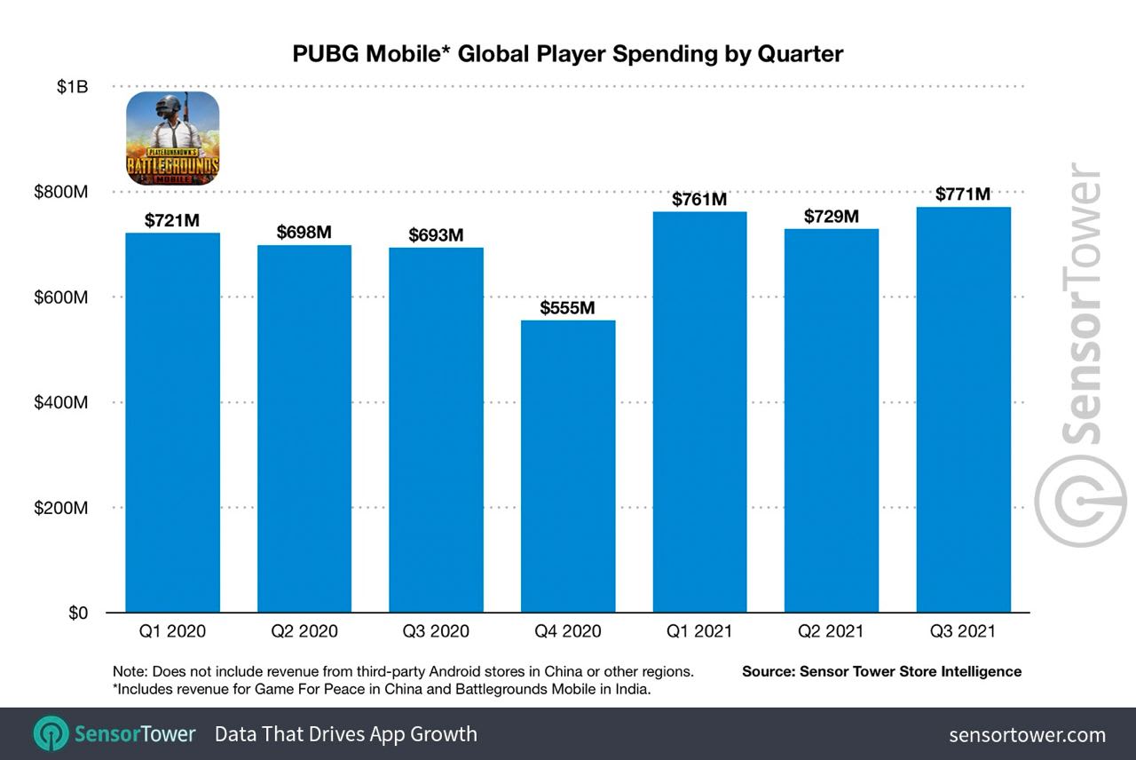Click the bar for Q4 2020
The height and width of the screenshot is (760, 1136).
(568, 466)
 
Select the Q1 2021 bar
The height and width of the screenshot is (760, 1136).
(699, 412)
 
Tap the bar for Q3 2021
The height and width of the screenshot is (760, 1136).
(964, 409)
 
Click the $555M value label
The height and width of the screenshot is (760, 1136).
(568, 308)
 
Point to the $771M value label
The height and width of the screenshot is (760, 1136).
(963, 194)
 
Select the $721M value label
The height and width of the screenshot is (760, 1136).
(172, 220)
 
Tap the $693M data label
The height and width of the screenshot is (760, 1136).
(436, 235)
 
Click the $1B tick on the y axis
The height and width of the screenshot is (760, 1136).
(72, 87)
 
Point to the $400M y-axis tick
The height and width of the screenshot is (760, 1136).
(61, 402)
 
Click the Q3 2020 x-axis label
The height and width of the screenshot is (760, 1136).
(436, 632)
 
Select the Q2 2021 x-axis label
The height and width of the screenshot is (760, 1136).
(831, 632)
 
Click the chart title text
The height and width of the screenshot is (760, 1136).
(568, 54)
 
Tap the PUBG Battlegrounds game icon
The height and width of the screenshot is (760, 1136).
(173, 139)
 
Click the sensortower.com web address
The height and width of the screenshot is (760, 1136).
(1027, 734)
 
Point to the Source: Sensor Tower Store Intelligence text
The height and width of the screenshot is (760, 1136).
(881, 672)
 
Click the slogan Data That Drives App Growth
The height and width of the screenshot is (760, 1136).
(346, 734)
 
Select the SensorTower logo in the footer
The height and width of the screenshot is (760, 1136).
(114, 734)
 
